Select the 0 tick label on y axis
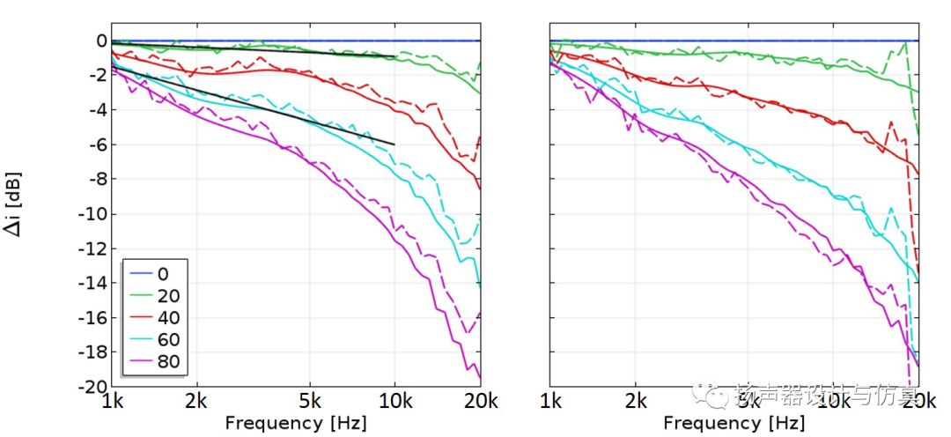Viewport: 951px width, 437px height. click(x=101, y=41)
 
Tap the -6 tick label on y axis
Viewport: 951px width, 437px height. click(x=94, y=144)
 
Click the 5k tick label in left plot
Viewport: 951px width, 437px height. click(x=309, y=404)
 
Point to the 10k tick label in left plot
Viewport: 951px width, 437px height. click(x=394, y=404)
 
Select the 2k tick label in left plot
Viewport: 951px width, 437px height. click(x=196, y=404)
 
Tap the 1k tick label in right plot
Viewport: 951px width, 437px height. click(x=550, y=404)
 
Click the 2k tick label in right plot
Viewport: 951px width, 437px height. click(x=635, y=404)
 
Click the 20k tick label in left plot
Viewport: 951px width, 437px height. click(x=479, y=404)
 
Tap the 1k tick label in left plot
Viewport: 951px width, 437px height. click(x=112, y=404)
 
